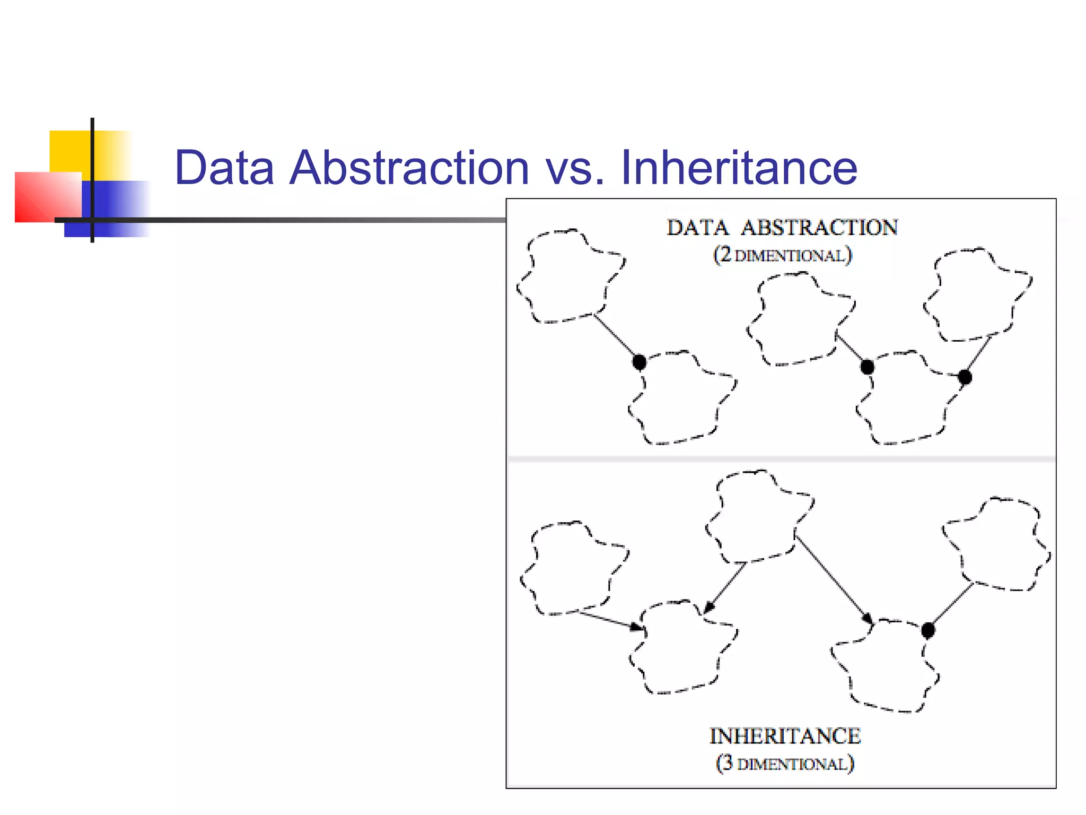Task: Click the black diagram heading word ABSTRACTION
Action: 819,228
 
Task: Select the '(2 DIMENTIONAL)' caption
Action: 782,255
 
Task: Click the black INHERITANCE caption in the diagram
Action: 785,736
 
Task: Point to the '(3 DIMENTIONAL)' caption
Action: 785,764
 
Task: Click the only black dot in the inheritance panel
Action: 928,630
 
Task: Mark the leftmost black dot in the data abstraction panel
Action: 640,362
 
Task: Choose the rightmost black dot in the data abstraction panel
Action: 965,377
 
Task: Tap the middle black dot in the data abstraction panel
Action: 868,367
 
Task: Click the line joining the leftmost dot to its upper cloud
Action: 615,337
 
